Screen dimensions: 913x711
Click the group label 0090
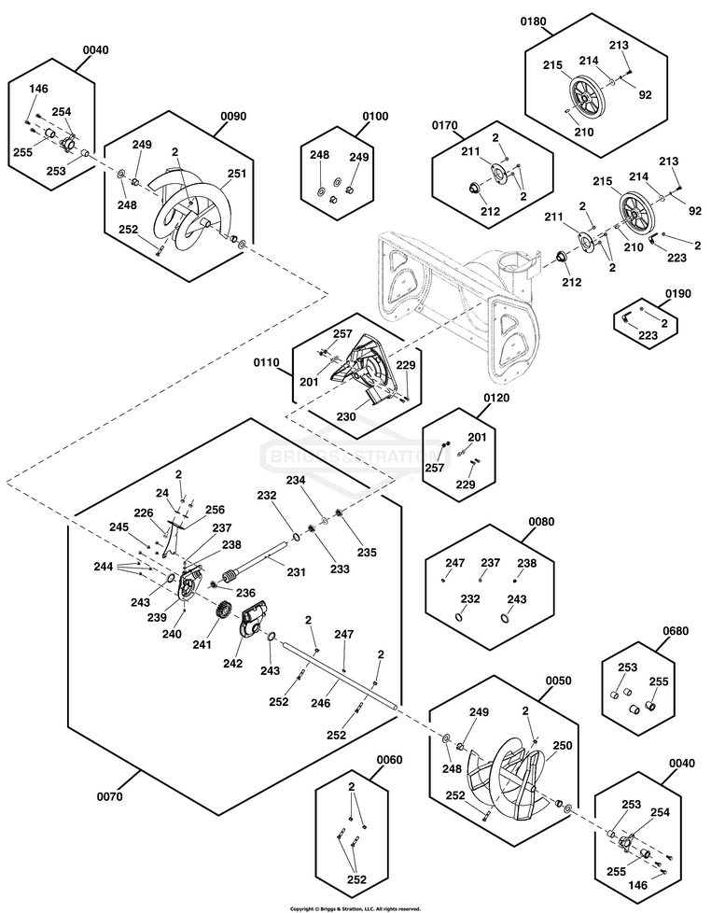[233, 117]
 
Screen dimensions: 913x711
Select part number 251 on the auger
[236, 173]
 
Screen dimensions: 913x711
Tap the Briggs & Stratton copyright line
[355, 907]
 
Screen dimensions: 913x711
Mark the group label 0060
[389, 760]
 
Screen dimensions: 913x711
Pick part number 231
[295, 572]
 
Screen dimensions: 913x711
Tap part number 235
[367, 552]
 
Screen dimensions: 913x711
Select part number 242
[232, 664]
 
